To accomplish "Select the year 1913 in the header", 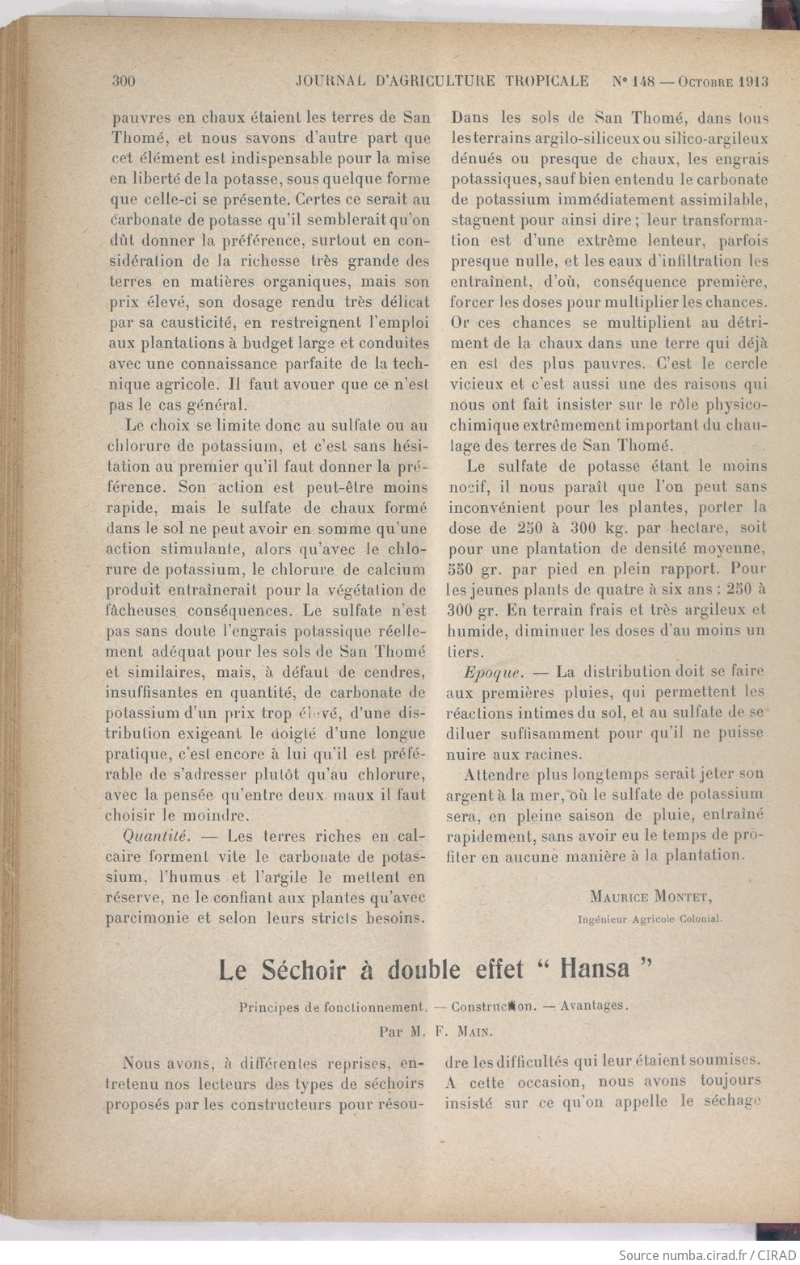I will tap(751, 81).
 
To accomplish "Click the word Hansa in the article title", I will tap(594, 969).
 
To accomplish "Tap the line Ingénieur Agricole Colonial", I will tap(651, 918).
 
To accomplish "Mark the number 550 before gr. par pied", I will tap(463, 569).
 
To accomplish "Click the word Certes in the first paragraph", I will tap(316, 199).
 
